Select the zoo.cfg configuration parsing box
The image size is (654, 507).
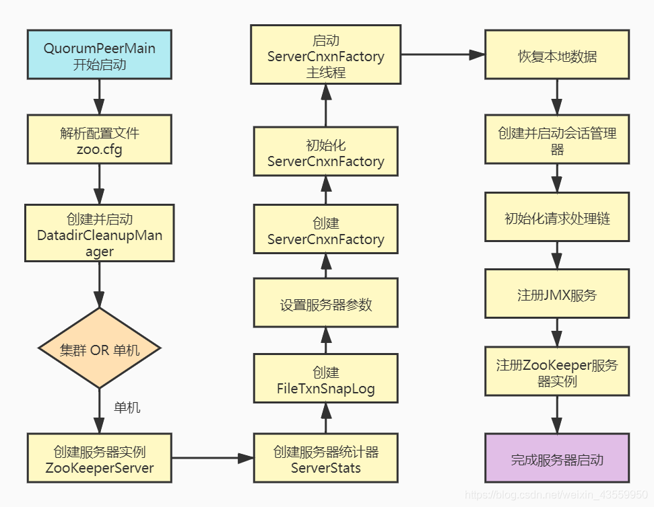[x=99, y=140]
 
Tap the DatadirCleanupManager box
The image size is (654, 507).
[x=99, y=234]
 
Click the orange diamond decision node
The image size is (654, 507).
[x=99, y=349]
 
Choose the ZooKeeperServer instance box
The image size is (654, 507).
[x=99, y=459]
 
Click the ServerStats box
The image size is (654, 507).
[x=325, y=459]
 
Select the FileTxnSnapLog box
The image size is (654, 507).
[x=325, y=380]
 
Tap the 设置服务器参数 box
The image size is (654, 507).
[x=325, y=305]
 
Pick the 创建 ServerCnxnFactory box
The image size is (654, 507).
[x=325, y=231]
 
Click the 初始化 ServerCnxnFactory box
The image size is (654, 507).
[x=325, y=153]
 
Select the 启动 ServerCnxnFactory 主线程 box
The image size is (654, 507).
[x=325, y=55]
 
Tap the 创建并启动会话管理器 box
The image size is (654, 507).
[x=556, y=140]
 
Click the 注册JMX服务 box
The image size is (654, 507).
[x=556, y=295]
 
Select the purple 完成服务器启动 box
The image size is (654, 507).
[x=556, y=459]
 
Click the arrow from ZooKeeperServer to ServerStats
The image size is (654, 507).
[x=212, y=459]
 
